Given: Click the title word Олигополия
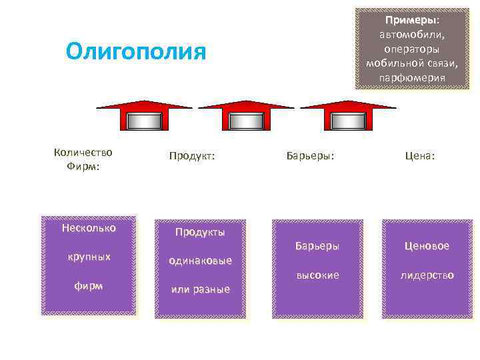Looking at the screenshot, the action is point(136,51).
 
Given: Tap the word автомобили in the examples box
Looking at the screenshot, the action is point(411,35).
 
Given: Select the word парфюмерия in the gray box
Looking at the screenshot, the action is point(411,78).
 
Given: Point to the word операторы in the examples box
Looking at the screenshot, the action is point(411,49).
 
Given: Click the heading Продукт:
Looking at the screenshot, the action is point(192,156).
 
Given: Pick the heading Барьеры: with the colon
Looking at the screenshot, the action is point(310,156).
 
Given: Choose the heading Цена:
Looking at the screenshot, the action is point(419,156).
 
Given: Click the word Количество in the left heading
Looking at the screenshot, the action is point(83,152).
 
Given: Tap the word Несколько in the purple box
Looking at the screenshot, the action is point(88,228).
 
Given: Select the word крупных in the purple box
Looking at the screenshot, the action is point(88,257).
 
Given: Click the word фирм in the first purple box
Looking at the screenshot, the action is point(88,285).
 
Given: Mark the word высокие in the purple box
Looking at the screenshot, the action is point(317,275).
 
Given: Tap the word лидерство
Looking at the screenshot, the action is point(427,275).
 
